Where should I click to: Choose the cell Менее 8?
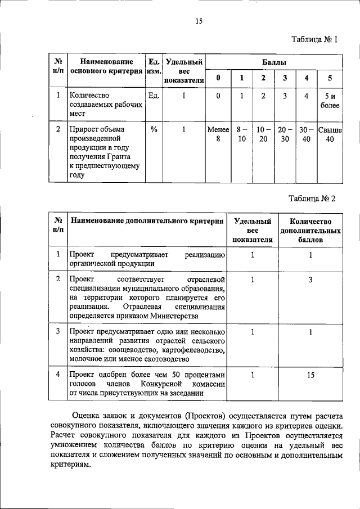[218, 135]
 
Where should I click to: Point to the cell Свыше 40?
[330, 135]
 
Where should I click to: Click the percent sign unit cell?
[154, 129]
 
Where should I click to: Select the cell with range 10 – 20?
[263, 135]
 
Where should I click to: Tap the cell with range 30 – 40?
[307, 135]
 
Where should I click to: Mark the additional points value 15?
[310, 374]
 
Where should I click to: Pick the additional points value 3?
[310, 280]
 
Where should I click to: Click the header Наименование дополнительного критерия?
[146, 222]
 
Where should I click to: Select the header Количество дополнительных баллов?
[310, 231]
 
